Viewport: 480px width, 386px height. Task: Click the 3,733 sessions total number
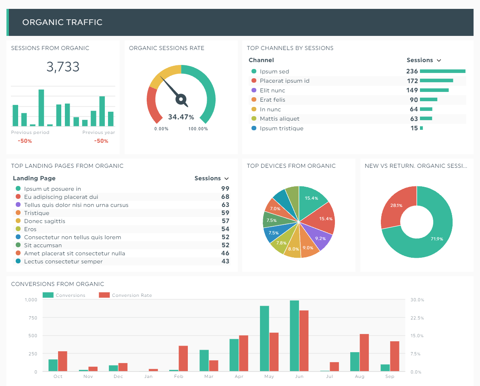(x=63, y=67)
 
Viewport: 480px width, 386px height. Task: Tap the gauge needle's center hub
(x=181, y=98)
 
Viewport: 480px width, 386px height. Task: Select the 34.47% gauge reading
(x=181, y=117)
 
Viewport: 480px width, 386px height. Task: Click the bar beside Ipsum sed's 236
(x=443, y=71)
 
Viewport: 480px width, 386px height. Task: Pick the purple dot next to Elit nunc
(x=254, y=90)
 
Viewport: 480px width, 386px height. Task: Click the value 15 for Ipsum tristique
(x=414, y=128)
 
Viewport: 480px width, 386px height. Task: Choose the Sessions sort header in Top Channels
(x=424, y=60)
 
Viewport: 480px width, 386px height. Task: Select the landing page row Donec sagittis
(x=44, y=221)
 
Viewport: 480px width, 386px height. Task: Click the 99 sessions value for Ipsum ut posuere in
(x=225, y=189)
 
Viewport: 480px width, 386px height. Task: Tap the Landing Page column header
(x=34, y=178)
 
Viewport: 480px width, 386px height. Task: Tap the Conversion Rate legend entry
(x=131, y=295)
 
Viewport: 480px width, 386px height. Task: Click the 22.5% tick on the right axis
(x=417, y=318)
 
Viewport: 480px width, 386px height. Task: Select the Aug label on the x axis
(x=359, y=377)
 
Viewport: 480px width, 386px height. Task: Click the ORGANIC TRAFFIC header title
(x=62, y=22)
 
